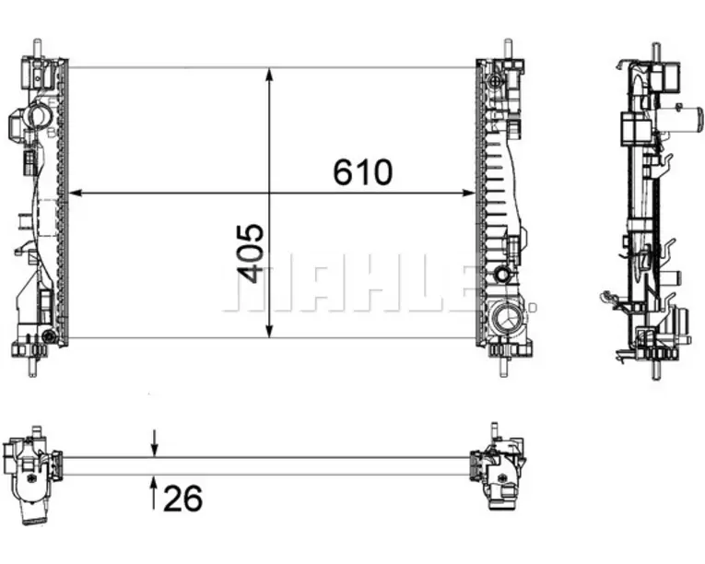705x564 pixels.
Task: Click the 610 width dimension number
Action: click(x=363, y=172)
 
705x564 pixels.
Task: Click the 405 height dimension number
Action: click(x=250, y=253)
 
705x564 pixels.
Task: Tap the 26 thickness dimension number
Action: click(x=183, y=499)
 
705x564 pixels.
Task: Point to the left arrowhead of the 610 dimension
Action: click(x=76, y=193)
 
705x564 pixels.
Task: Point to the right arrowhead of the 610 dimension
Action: click(x=468, y=193)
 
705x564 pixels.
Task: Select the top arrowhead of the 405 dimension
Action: click(x=269, y=75)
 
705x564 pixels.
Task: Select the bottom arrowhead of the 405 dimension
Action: click(x=269, y=331)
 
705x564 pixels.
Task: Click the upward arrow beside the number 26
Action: click(x=154, y=494)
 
